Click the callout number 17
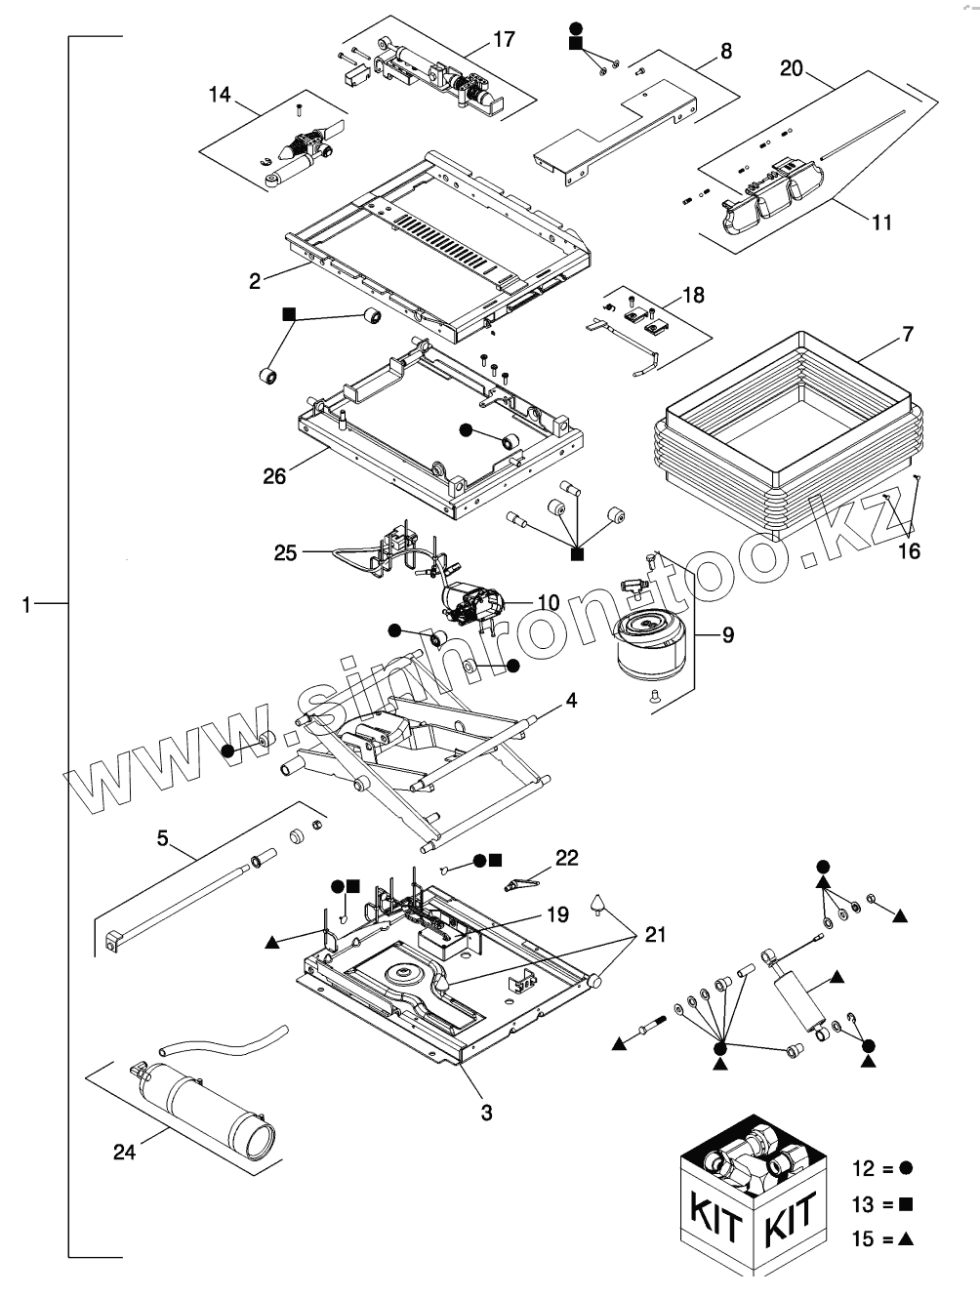pyautogui.click(x=504, y=40)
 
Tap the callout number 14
pyautogui.click(x=221, y=95)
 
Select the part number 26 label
pyautogui.click(x=274, y=476)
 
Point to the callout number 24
pyautogui.click(x=125, y=1152)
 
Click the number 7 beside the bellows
pyautogui.click(x=908, y=334)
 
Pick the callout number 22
pyautogui.click(x=567, y=858)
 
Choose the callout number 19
pyautogui.click(x=558, y=914)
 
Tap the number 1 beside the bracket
pyautogui.click(x=26, y=604)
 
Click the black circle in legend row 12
pyautogui.click(x=906, y=1168)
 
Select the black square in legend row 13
pyautogui.click(x=906, y=1203)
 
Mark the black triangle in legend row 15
pyautogui.click(x=906, y=1238)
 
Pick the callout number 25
pyautogui.click(x=286, y=553)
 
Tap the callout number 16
pyautogui.click(x=910, y=551)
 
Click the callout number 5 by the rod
pyautogui.click(x=162, y=838)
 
